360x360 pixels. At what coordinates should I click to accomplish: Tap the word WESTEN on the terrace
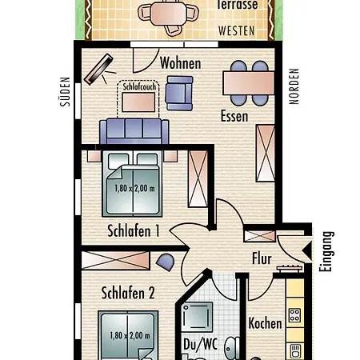tap(238, 31)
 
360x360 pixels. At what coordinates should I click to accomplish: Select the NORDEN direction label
tap(293, 88)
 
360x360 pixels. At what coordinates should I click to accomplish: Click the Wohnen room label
tap(180, 63)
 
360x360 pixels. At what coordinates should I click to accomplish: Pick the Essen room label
tap(234, 116)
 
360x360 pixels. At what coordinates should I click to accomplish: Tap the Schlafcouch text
tap(140, 86)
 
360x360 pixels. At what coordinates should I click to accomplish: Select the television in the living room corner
tap(98, 70)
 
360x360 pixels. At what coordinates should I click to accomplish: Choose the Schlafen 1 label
tap(134, 231)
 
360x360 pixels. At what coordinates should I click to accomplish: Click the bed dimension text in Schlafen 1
tap(132, 190)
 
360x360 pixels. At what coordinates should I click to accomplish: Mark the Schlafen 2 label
tap(127, 293)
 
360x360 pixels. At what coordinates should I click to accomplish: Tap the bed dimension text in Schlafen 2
tap(128, 337)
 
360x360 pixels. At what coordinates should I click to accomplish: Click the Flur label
tap(262, 259)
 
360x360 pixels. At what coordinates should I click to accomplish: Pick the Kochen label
tap(265, 323)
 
